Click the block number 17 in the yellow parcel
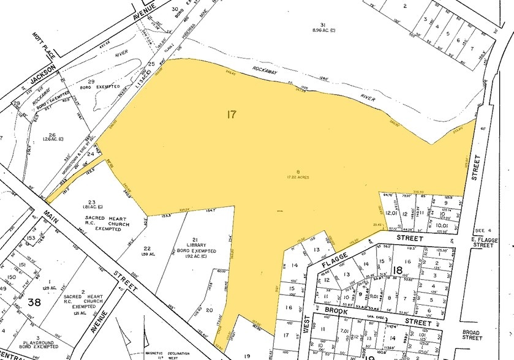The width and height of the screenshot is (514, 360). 231,114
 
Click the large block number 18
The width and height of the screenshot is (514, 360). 399,270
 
